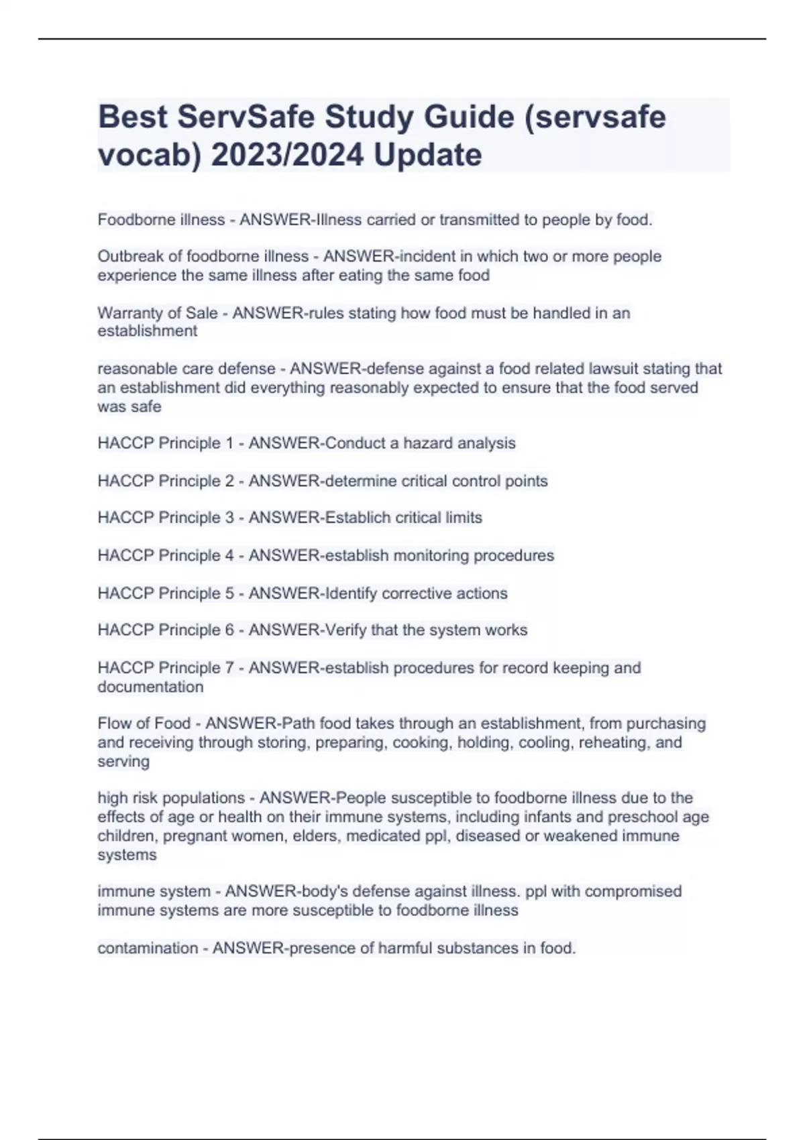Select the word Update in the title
click(427, 156)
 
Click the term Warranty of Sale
click(158, 313)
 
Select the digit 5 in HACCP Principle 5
click(229, 593)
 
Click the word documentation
click(150, 687)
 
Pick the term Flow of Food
click(144, 724)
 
